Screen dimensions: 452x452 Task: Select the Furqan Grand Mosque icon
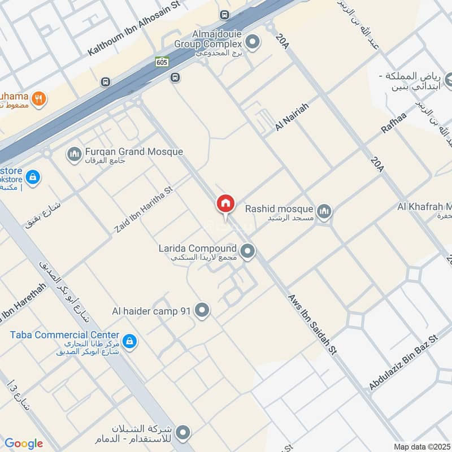[x=74, y=154]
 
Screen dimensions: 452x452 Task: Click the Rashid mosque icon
[x=324, y=212]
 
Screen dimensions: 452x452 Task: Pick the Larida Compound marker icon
[x=247, y=251]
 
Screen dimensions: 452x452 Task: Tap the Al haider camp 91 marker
[x=202, y=310]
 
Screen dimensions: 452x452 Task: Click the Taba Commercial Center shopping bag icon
[x=130, y=341]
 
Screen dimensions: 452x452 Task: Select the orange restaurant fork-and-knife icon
[x=38, y=98]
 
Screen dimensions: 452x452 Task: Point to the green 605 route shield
[x=163, y=62]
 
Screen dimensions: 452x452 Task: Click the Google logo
[x=24, y=443]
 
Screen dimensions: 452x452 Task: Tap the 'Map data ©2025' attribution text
[x=421, y=446]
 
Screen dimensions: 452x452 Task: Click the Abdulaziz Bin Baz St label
[x=403, y=362]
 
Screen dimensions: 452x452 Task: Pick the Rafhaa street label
[x=394, y=120]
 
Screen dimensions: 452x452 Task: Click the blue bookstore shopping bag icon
[x=33, y=177]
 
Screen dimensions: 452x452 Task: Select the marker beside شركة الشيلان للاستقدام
[x=182, y=433]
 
